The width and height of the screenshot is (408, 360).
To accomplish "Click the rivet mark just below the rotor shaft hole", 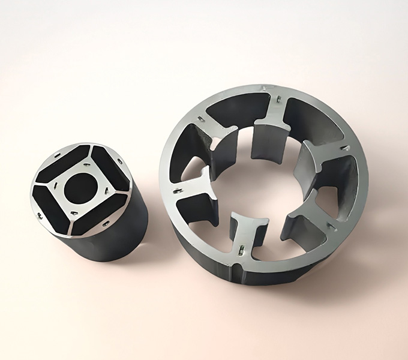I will [74, 212].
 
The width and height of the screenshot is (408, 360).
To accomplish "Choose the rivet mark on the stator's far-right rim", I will [345, 148].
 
